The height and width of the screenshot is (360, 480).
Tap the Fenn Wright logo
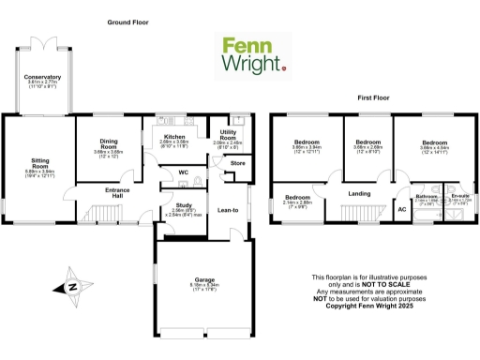[252, 55]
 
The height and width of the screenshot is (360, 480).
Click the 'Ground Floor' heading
[129, 22]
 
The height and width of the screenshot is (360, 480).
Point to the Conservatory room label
[43, 77]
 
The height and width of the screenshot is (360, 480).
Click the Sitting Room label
[40, 164]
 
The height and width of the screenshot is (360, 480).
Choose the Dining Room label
[110, 144]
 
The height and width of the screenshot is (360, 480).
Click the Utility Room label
[228, 136]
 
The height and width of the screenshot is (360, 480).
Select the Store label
[236, 164]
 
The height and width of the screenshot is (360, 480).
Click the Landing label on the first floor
[359, 194]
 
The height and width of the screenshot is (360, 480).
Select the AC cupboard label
[402, 210]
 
